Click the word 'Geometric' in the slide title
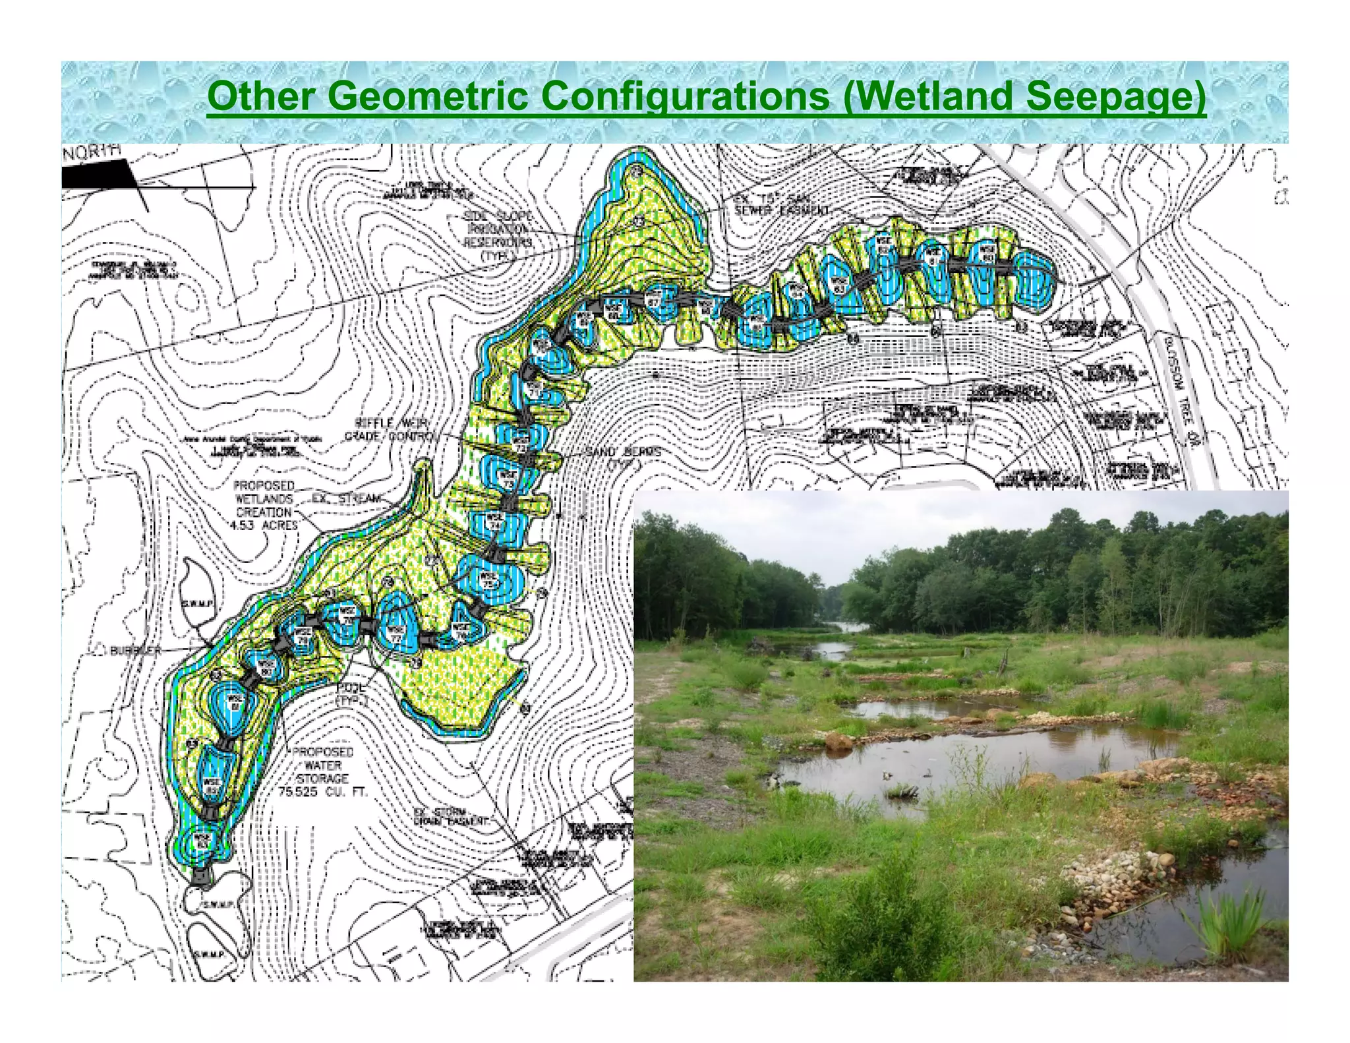pyautogui.click(x=426, y=96)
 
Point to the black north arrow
pyautogui.click(x=99, y=176)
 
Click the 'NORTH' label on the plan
pyautogui.click(x=93, y=151)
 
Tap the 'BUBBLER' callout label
pyautogui.click(x=134, y=651)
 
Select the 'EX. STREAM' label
pyautogui.click(x=346, y=498)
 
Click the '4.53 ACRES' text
pyautogui.click(x=264, y=525)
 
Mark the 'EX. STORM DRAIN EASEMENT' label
pyautogui.click(x=452, y=817)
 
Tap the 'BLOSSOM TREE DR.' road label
pyautogui.click(x=1180, y=389)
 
